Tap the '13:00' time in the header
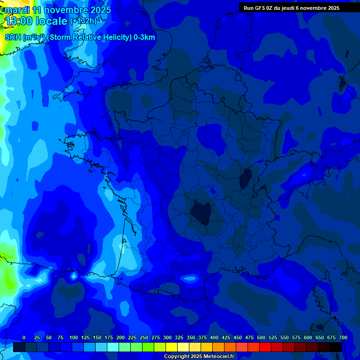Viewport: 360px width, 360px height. pyautogui.click(x=19, y=21)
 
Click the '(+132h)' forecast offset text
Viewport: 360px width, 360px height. pyautogui.click(x=83, y=21)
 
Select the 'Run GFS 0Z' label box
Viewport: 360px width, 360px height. pyautogui.click(x=291, y=8)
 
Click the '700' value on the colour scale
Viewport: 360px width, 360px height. pyautogui.click(x=343, y=337)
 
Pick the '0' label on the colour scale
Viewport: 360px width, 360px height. pyautogui.click(x=24, y=337)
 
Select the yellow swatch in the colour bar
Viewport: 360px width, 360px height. pyautogui.click(x=172, y=347)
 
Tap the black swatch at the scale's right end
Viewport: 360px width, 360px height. pyautogui.click(x=336, y=347)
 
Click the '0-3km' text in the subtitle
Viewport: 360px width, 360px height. pyautogui.click(x=144, y=37)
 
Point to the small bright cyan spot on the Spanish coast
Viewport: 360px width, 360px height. pyautogui.click(x=73, y=276)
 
